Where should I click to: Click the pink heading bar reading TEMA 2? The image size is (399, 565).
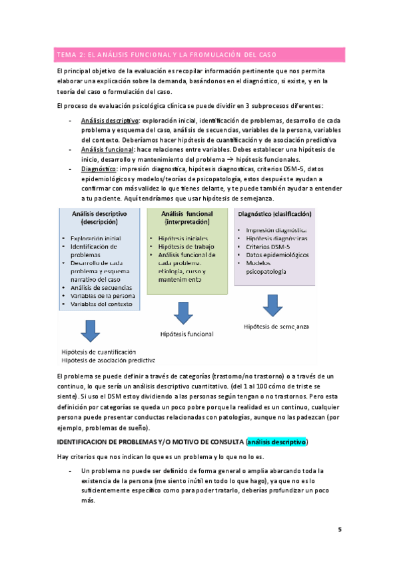tap(199, 54)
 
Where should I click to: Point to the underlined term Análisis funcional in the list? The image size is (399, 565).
tap(107, 150)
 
